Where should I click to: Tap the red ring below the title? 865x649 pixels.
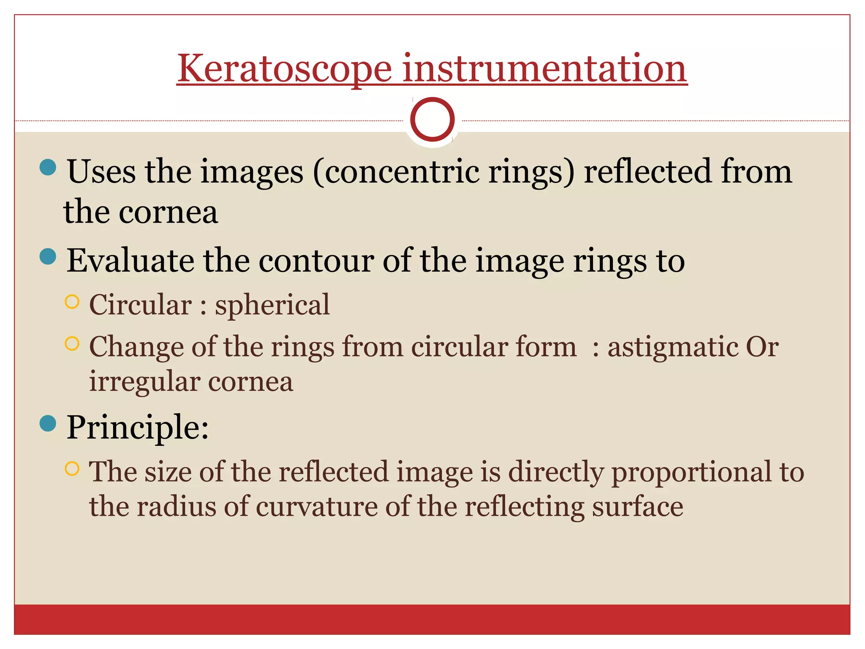click(x=432, y=120)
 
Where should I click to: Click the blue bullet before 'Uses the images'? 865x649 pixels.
click(x=48, y=167)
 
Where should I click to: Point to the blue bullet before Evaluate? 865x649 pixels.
click(x=48, y=256)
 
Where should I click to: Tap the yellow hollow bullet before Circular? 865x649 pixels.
click(x=72, y=302)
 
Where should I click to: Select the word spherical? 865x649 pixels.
click(x=272, y=305)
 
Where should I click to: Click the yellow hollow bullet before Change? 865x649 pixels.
click(x=72, y=344)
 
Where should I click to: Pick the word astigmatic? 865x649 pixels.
click(x=672, y=348)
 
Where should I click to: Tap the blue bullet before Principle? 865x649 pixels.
click(x=48, y=423)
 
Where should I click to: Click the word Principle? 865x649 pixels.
click(x=138, y=427)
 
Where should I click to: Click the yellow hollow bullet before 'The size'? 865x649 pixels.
click(x=72, y=469)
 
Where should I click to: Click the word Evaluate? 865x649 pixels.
click(x=131, y=261)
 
